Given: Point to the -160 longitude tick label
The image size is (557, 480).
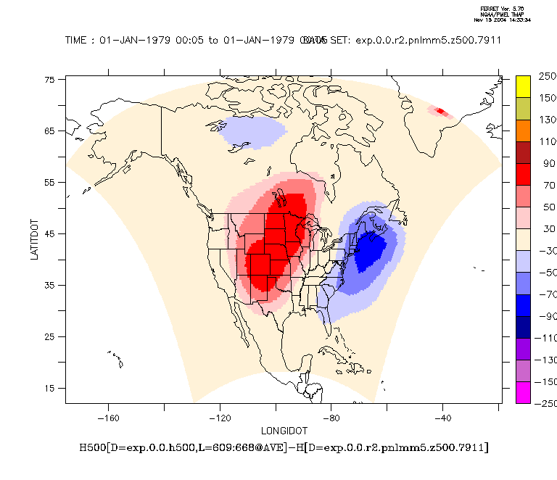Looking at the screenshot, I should (x=107, y=418).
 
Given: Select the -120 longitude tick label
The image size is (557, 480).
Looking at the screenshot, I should (x=219, y=418).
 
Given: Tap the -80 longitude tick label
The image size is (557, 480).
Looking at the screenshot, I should (x=331, y=418).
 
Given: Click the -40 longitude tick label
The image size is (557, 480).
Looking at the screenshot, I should (x=442, y=418).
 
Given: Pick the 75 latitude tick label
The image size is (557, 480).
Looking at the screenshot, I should (x=50, y=80).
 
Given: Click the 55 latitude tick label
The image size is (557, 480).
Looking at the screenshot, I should (x=50, y=183).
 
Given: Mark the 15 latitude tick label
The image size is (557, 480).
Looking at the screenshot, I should (x=50, y=389).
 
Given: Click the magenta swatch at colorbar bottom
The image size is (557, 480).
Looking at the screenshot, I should (x=524, y=392).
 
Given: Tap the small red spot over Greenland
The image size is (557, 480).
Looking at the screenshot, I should (x=440, y=112).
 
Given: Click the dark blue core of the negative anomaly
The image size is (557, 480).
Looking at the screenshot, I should (x=371, y=250).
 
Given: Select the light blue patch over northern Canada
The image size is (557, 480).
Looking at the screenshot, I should (x=253, y=132).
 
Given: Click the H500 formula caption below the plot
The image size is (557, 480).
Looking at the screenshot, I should (x=284, y=447).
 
